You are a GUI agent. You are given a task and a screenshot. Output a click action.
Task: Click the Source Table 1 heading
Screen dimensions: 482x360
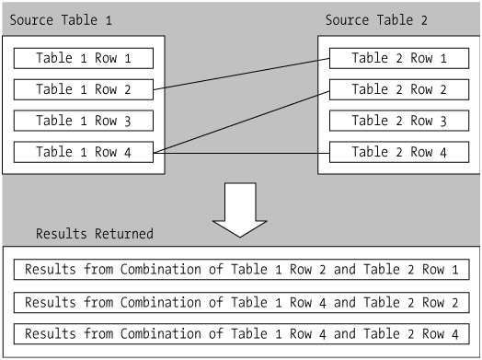(x=61, y=20)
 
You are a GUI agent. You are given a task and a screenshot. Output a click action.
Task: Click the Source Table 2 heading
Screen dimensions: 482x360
(x=376, y=20)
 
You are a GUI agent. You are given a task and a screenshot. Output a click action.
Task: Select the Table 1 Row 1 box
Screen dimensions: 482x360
(x=84, y=58)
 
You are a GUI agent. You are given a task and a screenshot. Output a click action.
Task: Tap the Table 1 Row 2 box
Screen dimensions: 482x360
(x=84, y=89)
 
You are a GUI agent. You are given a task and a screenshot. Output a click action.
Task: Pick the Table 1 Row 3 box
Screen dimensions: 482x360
(x=84, y=121)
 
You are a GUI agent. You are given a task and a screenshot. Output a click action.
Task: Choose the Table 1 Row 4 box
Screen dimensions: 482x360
(x=84, y=152)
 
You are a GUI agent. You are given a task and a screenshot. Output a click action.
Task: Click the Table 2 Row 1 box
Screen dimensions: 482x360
(x=399, y=58)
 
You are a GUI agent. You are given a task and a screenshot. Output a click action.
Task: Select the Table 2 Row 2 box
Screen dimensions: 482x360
(x=399, y=89)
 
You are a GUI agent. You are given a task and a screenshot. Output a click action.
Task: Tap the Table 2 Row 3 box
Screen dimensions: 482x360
(x=399, y=121)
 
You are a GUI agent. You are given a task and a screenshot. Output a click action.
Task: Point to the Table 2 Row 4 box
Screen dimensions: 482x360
(x=399, y=152)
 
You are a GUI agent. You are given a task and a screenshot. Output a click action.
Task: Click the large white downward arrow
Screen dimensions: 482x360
(x=240, y=209)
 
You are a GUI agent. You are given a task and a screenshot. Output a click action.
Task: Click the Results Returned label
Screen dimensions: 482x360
(x=95, y=234)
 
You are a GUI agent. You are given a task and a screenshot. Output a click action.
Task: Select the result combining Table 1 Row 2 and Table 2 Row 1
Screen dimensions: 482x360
(x=242, y=270)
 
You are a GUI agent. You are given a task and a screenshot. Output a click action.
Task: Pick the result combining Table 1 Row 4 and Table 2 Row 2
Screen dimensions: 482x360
(x=242, y=303)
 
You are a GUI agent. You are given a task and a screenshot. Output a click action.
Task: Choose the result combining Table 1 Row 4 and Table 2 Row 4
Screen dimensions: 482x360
(x=242, y=334)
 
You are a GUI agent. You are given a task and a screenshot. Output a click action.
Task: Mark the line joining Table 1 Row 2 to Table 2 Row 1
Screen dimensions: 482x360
(x=241, y=74)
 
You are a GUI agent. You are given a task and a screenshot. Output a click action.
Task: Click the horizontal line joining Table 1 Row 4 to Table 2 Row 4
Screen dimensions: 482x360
(x=241, y=153)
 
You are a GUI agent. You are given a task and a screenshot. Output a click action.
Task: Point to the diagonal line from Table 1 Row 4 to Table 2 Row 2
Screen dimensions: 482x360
(x=241, y=122)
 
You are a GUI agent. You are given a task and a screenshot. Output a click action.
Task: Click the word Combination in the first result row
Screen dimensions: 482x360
(x=160, y=269)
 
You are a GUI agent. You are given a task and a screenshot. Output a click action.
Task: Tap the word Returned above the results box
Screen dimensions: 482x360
(x=123, y=234)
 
